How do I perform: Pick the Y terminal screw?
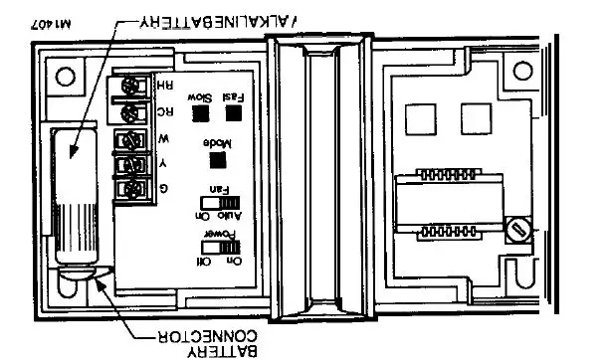(128, 163)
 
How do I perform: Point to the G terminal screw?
(128, 187)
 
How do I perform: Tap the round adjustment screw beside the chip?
(514, 231)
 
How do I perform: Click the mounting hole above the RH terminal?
(67, 75)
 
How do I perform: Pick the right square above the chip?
(472, 119)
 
